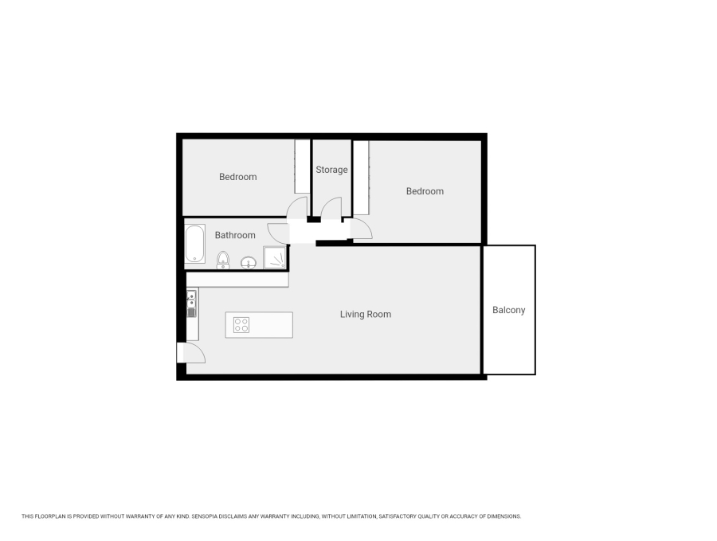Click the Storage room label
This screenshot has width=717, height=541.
coord(331,170)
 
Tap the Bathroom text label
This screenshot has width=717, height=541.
coord(235,235)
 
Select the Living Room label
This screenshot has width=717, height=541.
coord(366,314)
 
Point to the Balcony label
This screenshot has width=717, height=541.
coord(508,310)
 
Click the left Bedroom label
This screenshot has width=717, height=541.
coord(238,177)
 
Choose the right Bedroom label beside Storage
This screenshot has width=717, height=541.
coord(425,191)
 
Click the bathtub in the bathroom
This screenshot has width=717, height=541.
coord(195,244)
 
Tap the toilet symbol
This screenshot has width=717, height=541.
coord(223,259)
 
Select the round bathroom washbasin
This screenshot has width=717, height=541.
coord(249,261)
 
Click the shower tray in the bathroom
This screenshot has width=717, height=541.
coord(275,257)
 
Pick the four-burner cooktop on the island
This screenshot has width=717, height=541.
coord(241,324)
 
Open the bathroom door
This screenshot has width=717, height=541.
coord(279,232)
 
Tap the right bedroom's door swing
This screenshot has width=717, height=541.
coord(360,228)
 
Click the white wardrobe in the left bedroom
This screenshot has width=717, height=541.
coord(302,166)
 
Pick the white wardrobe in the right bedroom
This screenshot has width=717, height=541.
coord(361,177)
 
